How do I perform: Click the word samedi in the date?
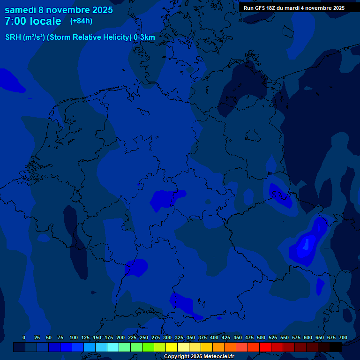[x=20, y=10]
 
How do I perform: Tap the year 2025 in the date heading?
[x=99, y=10]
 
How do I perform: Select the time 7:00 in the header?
[x=15, y=21]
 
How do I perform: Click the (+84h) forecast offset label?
[x=81, y=21]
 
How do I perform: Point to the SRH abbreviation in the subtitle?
[x=13, y=37]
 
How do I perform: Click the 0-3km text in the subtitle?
[x=144, y=37]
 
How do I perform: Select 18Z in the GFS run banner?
[x=271, y=8]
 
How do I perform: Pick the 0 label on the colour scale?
[x=24, y=337]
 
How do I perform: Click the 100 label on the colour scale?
[x=74, y=337]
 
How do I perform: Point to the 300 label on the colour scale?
[x=167, y=337]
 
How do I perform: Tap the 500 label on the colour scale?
[x=261, y=337]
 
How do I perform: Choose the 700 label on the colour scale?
[x=343, y=337]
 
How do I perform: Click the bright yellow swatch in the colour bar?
[x=172, y=347]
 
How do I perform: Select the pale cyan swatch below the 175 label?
[x=113, y=347]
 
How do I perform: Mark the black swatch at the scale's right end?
[x=336, y=347]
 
